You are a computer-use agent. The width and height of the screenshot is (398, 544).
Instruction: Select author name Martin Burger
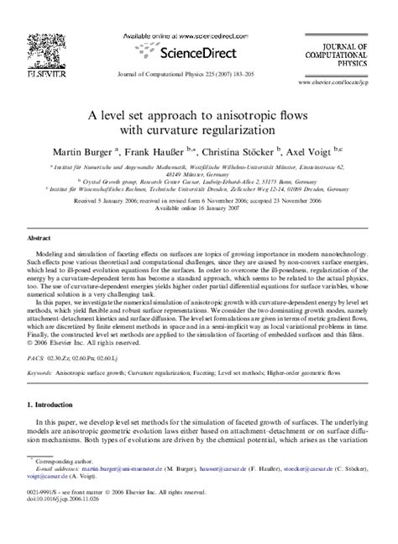[x=97, y=153]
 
